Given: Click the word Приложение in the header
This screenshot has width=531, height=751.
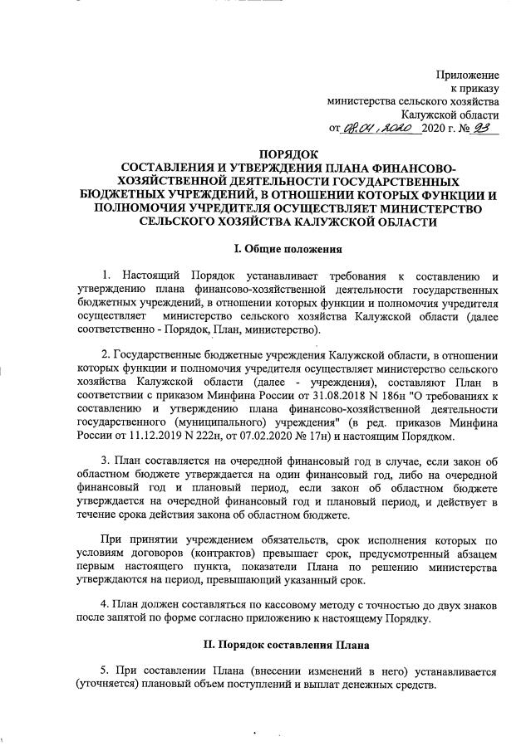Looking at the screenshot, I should [x=467, y=76].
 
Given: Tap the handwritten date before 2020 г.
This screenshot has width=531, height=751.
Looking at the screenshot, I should [x=379, y=129].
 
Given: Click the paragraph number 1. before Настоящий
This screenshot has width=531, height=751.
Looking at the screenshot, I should [x=106, y=275].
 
